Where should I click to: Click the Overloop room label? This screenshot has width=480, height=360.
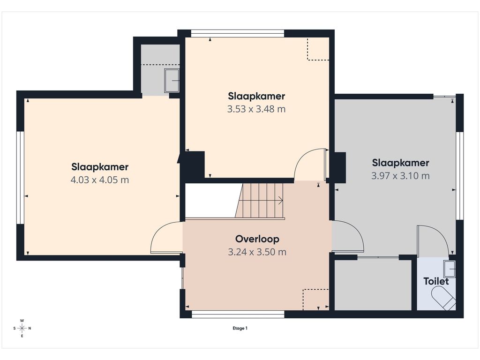pyautogui.click(x=257, y=239)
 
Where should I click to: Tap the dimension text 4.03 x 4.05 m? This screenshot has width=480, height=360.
pyautogui.click(x=100, y=180)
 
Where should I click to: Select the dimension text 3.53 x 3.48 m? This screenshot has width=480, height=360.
pyautogui.click(x=256, y=109)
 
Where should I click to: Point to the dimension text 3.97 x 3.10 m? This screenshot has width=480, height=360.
pyautogui.click(x=400, y=176)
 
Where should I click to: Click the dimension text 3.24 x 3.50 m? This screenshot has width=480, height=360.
pyautogui.click(x=257, y=252)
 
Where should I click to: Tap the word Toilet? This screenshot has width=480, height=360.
pyautogui.click(x=436, y=281)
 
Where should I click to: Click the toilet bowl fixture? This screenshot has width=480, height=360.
pyautogui.click(x=443, y=298)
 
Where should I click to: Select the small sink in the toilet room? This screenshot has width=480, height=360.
pyautogui.click(x=450, y=269)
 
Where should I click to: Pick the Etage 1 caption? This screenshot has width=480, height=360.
pyautogui.click(x=240, y=328)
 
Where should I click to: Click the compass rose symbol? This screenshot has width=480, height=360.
pyautogui.click(x=22, y=329)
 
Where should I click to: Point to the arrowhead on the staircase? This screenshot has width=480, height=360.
pyautogui.click(x=280, y=201)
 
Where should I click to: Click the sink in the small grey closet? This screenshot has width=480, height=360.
pyautogui.click(x=172, y=81)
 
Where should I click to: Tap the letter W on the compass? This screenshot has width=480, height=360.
pyautogui.click(x=22, y=321)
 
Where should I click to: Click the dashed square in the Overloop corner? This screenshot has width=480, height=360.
pyautogui.click(x=315, y=299)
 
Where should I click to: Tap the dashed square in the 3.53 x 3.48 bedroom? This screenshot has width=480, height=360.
pyautogui.click(x=318, y=49)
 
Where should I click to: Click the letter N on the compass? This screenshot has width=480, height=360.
pyautogui.click(x=30, y=329)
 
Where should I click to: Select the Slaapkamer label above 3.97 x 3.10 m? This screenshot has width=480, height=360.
pyautogui.click(x=400, y=163)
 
